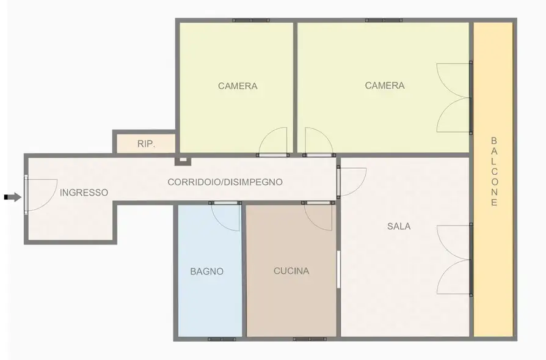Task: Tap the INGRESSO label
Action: point(84,193)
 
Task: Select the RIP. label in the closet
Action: point(146,144)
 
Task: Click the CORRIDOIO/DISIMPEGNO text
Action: point(225,182)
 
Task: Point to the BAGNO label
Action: point(206,271)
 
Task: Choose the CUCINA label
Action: point(291,271)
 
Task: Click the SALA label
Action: point(399,226)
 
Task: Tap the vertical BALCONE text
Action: point(494,172)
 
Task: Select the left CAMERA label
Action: point(238,86)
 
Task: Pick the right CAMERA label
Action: point(385,86)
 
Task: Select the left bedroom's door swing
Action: point(274,141)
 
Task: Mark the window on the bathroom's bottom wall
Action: point(222,339)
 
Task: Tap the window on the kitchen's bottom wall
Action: point(309,339)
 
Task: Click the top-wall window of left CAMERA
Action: point(250,20)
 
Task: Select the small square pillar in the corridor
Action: point(181,161)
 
